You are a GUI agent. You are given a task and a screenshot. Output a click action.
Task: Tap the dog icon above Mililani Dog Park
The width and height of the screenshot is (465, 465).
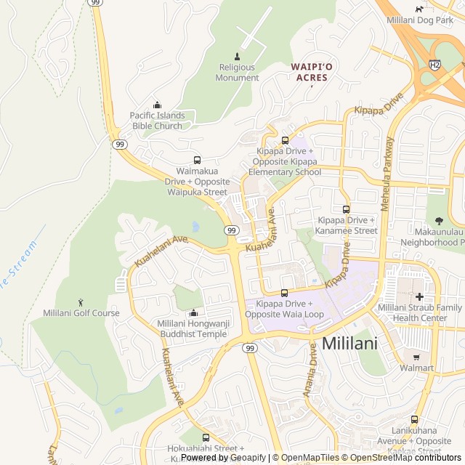[419, 9]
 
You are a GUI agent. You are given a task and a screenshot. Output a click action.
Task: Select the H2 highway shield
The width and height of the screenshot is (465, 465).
[434, 65]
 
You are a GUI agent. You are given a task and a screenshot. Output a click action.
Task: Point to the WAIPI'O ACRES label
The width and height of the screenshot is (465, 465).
[312, 72]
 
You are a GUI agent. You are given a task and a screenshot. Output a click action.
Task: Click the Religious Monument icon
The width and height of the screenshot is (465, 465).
[237, 57]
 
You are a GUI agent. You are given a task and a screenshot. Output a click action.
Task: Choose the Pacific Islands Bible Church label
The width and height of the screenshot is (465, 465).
[157, 121]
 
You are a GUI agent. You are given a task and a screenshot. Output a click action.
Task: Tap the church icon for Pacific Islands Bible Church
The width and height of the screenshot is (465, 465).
[157, 105]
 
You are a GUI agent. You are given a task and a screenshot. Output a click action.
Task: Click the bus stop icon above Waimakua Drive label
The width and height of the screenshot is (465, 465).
[197, 161]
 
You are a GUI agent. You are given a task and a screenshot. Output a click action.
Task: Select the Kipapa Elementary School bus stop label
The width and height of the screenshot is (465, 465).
[285, 161]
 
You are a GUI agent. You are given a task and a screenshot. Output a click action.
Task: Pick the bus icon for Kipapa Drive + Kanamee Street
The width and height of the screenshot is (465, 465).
[346, 209]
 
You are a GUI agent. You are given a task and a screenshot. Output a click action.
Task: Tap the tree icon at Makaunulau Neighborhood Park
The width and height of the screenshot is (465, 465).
[438, 219]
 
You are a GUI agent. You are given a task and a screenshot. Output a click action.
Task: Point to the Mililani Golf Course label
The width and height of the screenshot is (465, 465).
[81, 313]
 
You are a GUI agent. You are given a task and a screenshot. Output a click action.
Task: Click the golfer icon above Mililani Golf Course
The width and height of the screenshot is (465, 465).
[81, 302]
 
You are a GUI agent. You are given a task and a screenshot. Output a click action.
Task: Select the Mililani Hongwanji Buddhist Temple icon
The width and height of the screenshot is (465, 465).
[193, 313]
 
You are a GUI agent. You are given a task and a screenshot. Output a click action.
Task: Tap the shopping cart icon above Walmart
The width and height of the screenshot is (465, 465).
[416, 357]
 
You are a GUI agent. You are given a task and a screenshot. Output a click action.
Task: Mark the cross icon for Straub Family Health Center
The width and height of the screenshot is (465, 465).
[419, 296]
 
